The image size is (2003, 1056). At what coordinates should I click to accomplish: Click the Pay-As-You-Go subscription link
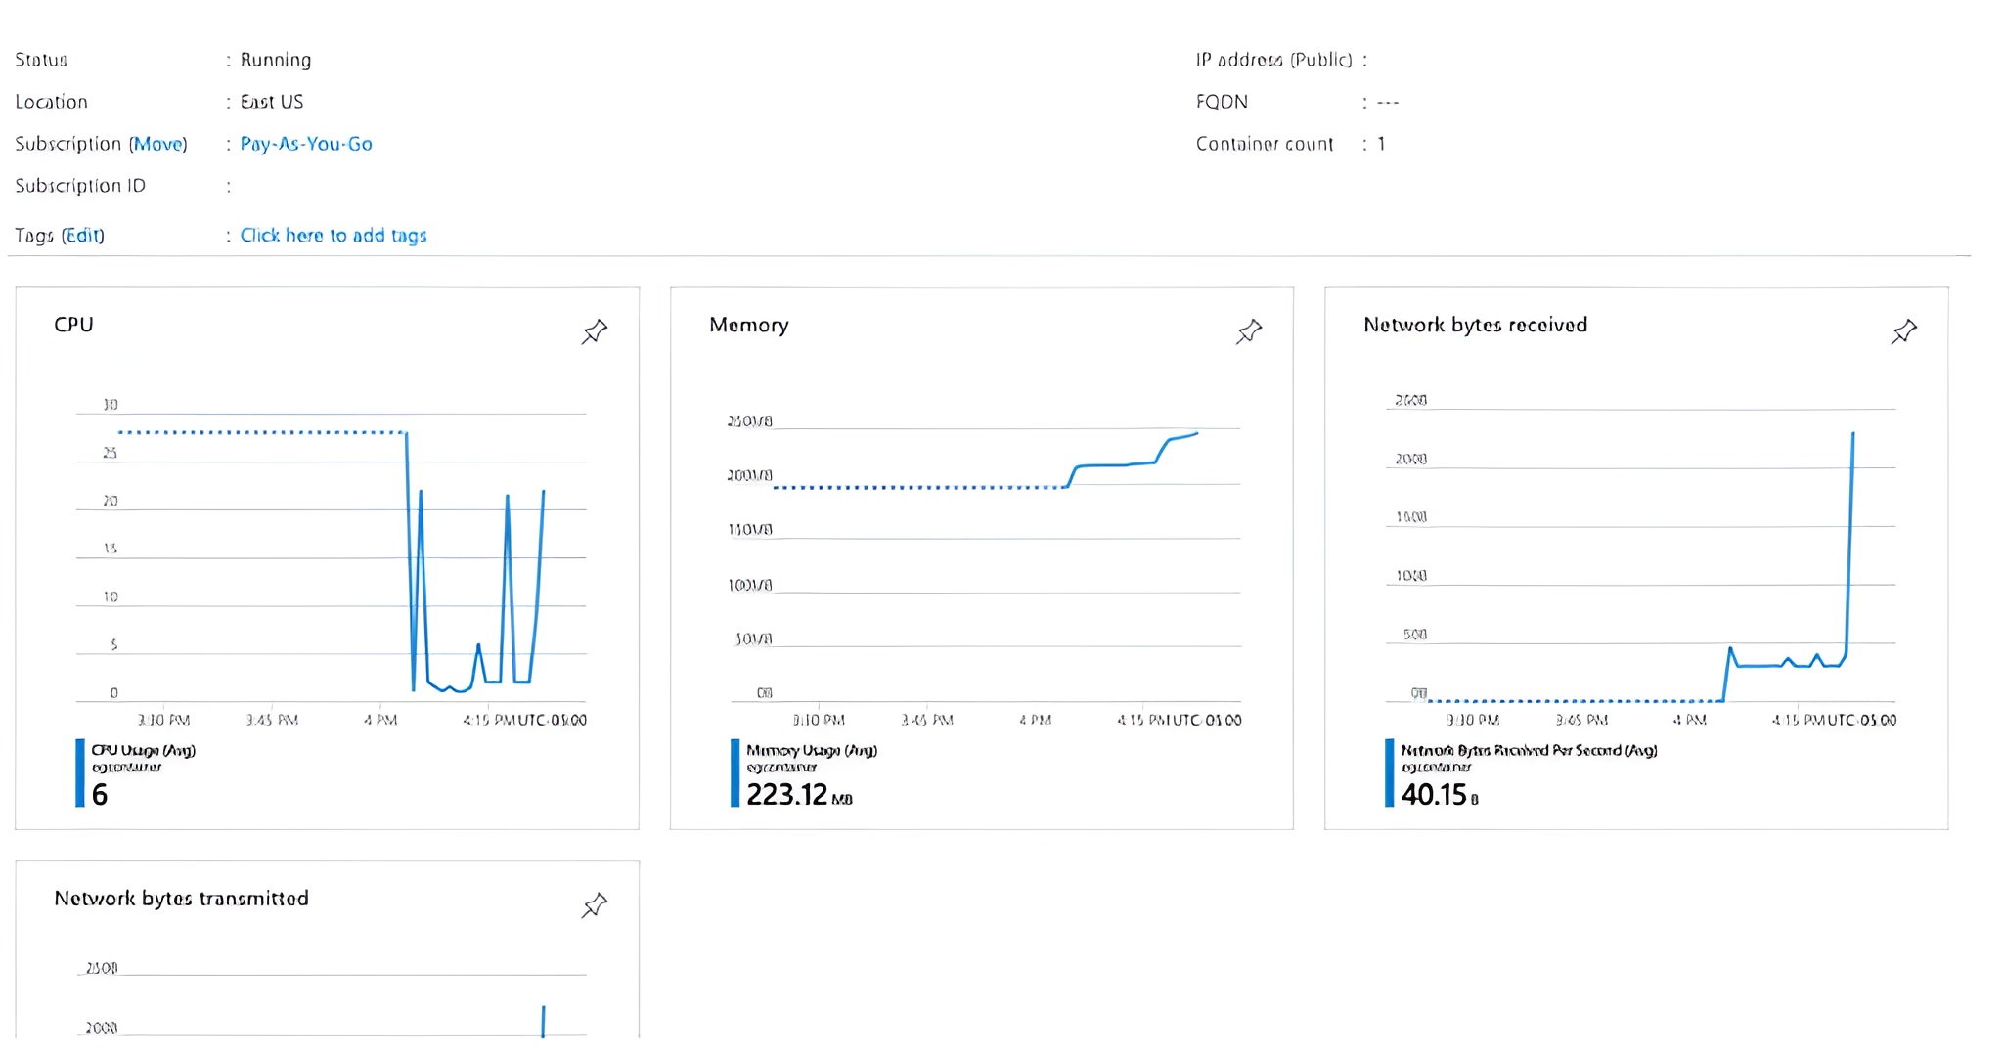point(305,144)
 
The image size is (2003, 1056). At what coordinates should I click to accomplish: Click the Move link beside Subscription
point(157,144)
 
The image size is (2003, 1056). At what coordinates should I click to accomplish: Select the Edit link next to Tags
point(82,235)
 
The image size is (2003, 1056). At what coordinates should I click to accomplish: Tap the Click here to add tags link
point(333,235)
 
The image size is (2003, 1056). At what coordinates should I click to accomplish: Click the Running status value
point(276,60)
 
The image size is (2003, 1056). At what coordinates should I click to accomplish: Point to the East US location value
point(272,102)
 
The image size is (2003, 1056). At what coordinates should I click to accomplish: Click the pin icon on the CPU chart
point(594,331)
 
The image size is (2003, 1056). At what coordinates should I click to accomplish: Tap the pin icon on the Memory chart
point(1249,331)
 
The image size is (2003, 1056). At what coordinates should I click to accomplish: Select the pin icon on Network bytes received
point(1903,331)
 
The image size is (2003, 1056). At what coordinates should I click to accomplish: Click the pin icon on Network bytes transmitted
point(594,905)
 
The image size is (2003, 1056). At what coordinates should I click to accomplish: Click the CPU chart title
point(73,325)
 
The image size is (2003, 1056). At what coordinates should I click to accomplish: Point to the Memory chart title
point(748,325)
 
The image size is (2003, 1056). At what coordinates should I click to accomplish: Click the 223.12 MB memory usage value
point(787,795)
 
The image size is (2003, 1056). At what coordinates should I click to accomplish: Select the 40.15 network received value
point(1434,795)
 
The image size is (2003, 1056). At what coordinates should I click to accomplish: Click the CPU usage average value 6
point(100,795)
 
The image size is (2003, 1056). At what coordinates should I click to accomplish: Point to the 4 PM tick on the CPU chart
point(380,720)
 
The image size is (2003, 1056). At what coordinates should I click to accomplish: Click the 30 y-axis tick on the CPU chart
point(111,405)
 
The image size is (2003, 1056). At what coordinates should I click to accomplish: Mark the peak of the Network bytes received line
point(1852,434)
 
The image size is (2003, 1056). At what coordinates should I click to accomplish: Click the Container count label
point(1264,144)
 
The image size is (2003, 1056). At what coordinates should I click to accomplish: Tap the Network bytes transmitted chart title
point(181,899)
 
